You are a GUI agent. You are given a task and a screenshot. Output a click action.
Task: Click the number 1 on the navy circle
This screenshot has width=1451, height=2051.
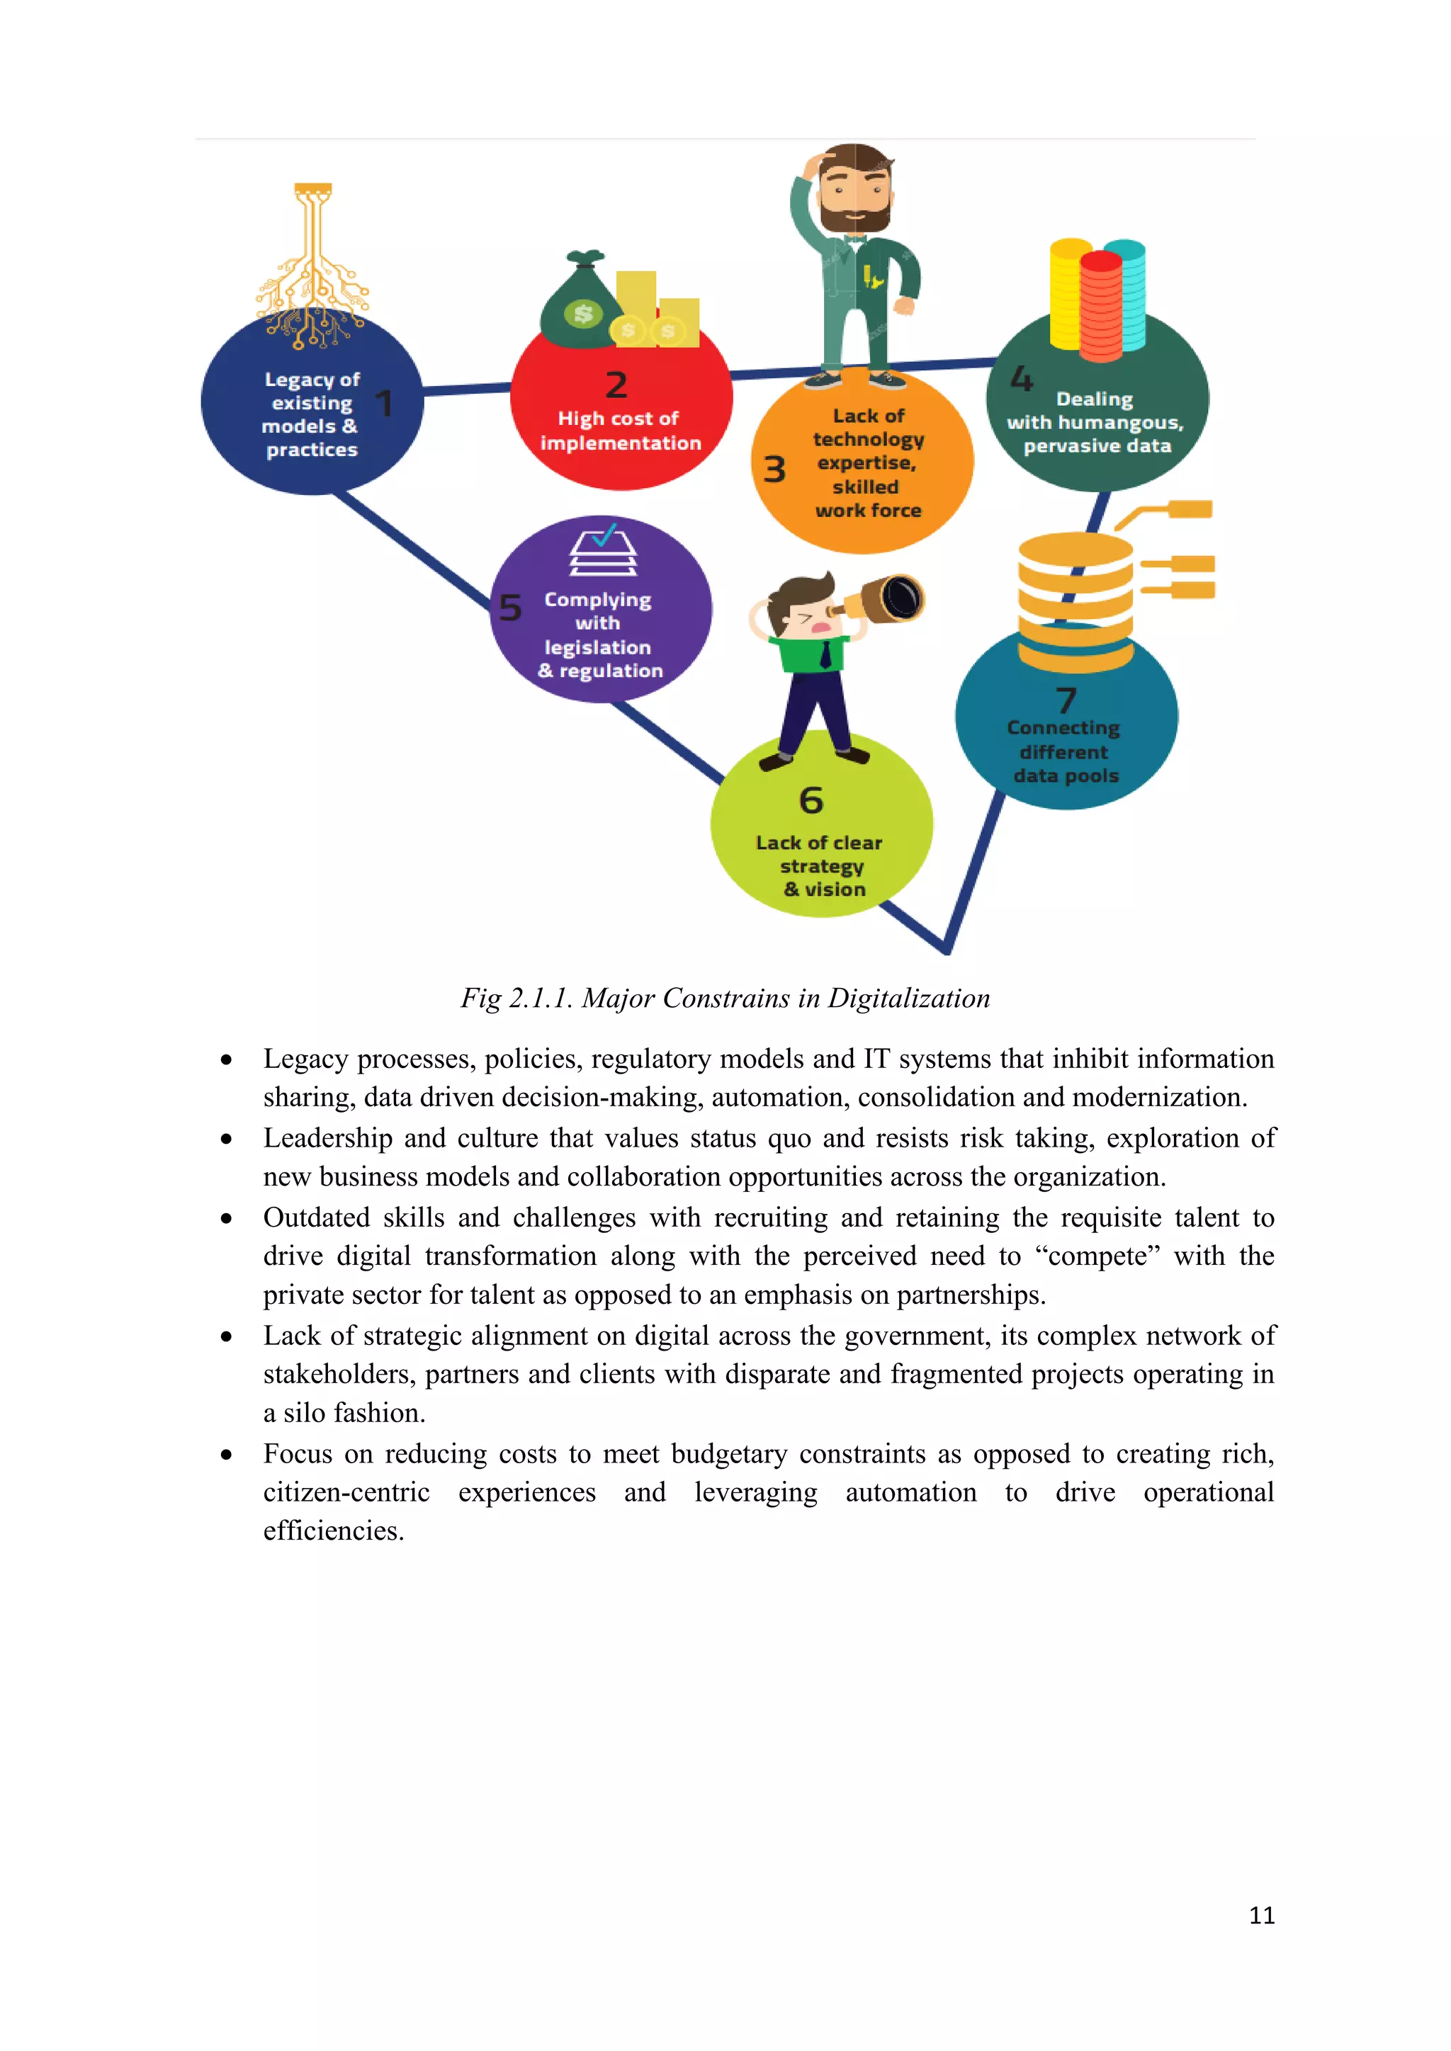pyautogui.click(x=384, y=403)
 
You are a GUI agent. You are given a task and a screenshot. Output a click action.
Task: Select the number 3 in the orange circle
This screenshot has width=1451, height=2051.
pyautogui.click(x=774, y=469)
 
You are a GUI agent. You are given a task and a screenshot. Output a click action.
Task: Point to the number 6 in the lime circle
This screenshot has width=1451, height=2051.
pyautogui.click(x=811, y=800)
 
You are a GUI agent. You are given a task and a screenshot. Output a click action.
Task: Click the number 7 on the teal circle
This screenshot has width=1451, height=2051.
pyautogui.click(x=1066, y=700)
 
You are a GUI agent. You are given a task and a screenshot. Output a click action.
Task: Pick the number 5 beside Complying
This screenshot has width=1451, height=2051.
pyautogui.click(x=510, y=608)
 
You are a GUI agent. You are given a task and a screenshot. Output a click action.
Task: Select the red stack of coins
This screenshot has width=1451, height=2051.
pyautogui.click(x=1101, y=305)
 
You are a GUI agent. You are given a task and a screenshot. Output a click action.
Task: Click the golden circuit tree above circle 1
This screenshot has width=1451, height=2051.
pyautogui.click(x=312, y=268)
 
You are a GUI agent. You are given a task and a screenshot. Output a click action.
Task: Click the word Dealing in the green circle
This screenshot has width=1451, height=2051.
pyautogui.click(x=1095, y=399)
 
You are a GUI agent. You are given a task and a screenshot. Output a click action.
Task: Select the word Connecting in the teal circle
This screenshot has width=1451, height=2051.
pyautogui.click(x=1063, y=728)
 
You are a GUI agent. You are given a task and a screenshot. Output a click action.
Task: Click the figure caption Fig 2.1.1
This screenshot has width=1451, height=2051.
pyautogui.click(x=725, y=998)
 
